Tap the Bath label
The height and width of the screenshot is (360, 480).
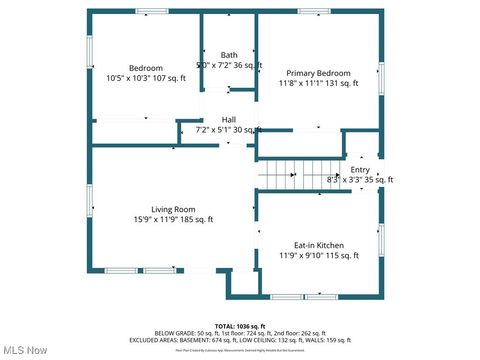(x=229, y=55)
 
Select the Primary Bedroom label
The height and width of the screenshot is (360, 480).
(x=318, y=73)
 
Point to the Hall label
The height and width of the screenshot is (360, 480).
(x=228, y=118)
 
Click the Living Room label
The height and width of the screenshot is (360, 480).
(x=173, y=209)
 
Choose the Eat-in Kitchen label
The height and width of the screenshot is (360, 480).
(x=318, y=245)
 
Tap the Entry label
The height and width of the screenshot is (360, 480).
(x=359, y=170)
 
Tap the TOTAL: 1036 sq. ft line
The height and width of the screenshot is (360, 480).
(x=239, y=326)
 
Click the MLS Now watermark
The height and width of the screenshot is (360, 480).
(x=25, y=350)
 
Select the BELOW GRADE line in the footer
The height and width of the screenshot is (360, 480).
(x=239, y=333)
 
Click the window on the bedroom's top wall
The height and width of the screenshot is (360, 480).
(x=151, y=11)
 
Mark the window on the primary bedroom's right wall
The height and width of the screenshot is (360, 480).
(x=381, y=78)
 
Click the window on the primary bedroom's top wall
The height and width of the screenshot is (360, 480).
(x=314, y=11)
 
